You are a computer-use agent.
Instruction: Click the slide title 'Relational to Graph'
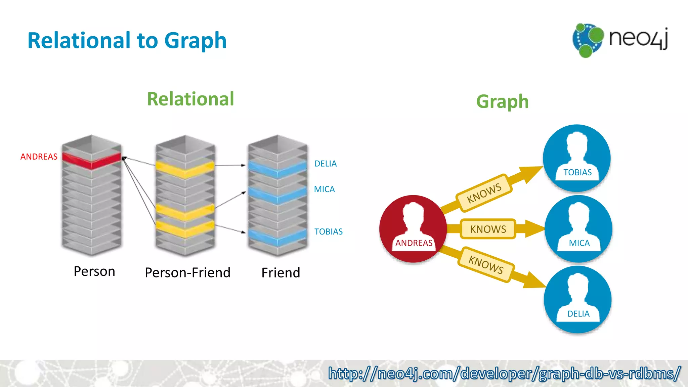tap(127, 41)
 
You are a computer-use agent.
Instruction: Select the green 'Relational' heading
tap(190, 99)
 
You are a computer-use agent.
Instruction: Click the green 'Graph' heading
tap(502, 101)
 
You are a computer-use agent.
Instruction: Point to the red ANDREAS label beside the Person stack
tap(39, 157)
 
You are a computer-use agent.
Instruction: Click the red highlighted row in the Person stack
tap(91, 160)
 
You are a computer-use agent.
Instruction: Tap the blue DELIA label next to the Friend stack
tap(325, 164)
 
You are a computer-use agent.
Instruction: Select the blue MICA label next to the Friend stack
tap(324, 189)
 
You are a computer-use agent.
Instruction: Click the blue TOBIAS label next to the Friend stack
tap(328, 231)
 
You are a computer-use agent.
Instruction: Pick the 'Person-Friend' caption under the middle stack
tap(187, 272)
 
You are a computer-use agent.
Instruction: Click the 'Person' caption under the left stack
tap(94, 271)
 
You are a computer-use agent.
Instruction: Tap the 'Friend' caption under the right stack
tap(281, 272)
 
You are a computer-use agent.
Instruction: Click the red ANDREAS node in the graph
tap(413, 229)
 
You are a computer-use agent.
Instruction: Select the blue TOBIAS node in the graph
tap(577, 158)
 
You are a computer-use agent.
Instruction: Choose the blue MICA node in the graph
tap(578, 229)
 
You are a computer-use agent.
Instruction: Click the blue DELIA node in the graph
tap(578, 299)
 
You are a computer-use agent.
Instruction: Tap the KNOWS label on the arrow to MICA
tap(488, 229)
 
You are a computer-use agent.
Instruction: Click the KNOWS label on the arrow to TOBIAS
tap(484, 193)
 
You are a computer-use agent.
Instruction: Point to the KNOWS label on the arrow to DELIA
tap(486, 265)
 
